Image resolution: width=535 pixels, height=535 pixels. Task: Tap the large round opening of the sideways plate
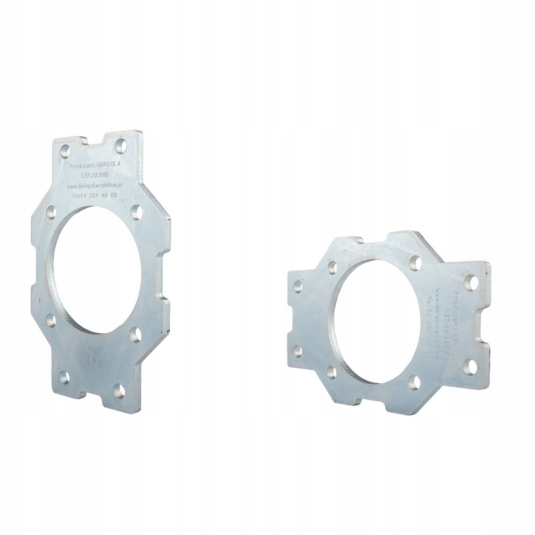coord(379,318)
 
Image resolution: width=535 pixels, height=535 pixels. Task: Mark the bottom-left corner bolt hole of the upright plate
coord(64,378)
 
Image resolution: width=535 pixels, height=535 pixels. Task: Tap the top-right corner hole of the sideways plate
coord(471,282)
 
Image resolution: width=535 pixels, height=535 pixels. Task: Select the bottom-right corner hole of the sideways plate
coord(470,366)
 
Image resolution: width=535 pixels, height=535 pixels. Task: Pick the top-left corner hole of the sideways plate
coord(298,287)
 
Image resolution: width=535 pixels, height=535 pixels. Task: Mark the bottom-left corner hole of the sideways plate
coord(298,351)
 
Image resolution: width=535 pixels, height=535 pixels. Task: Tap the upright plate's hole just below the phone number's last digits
coord(136,213)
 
